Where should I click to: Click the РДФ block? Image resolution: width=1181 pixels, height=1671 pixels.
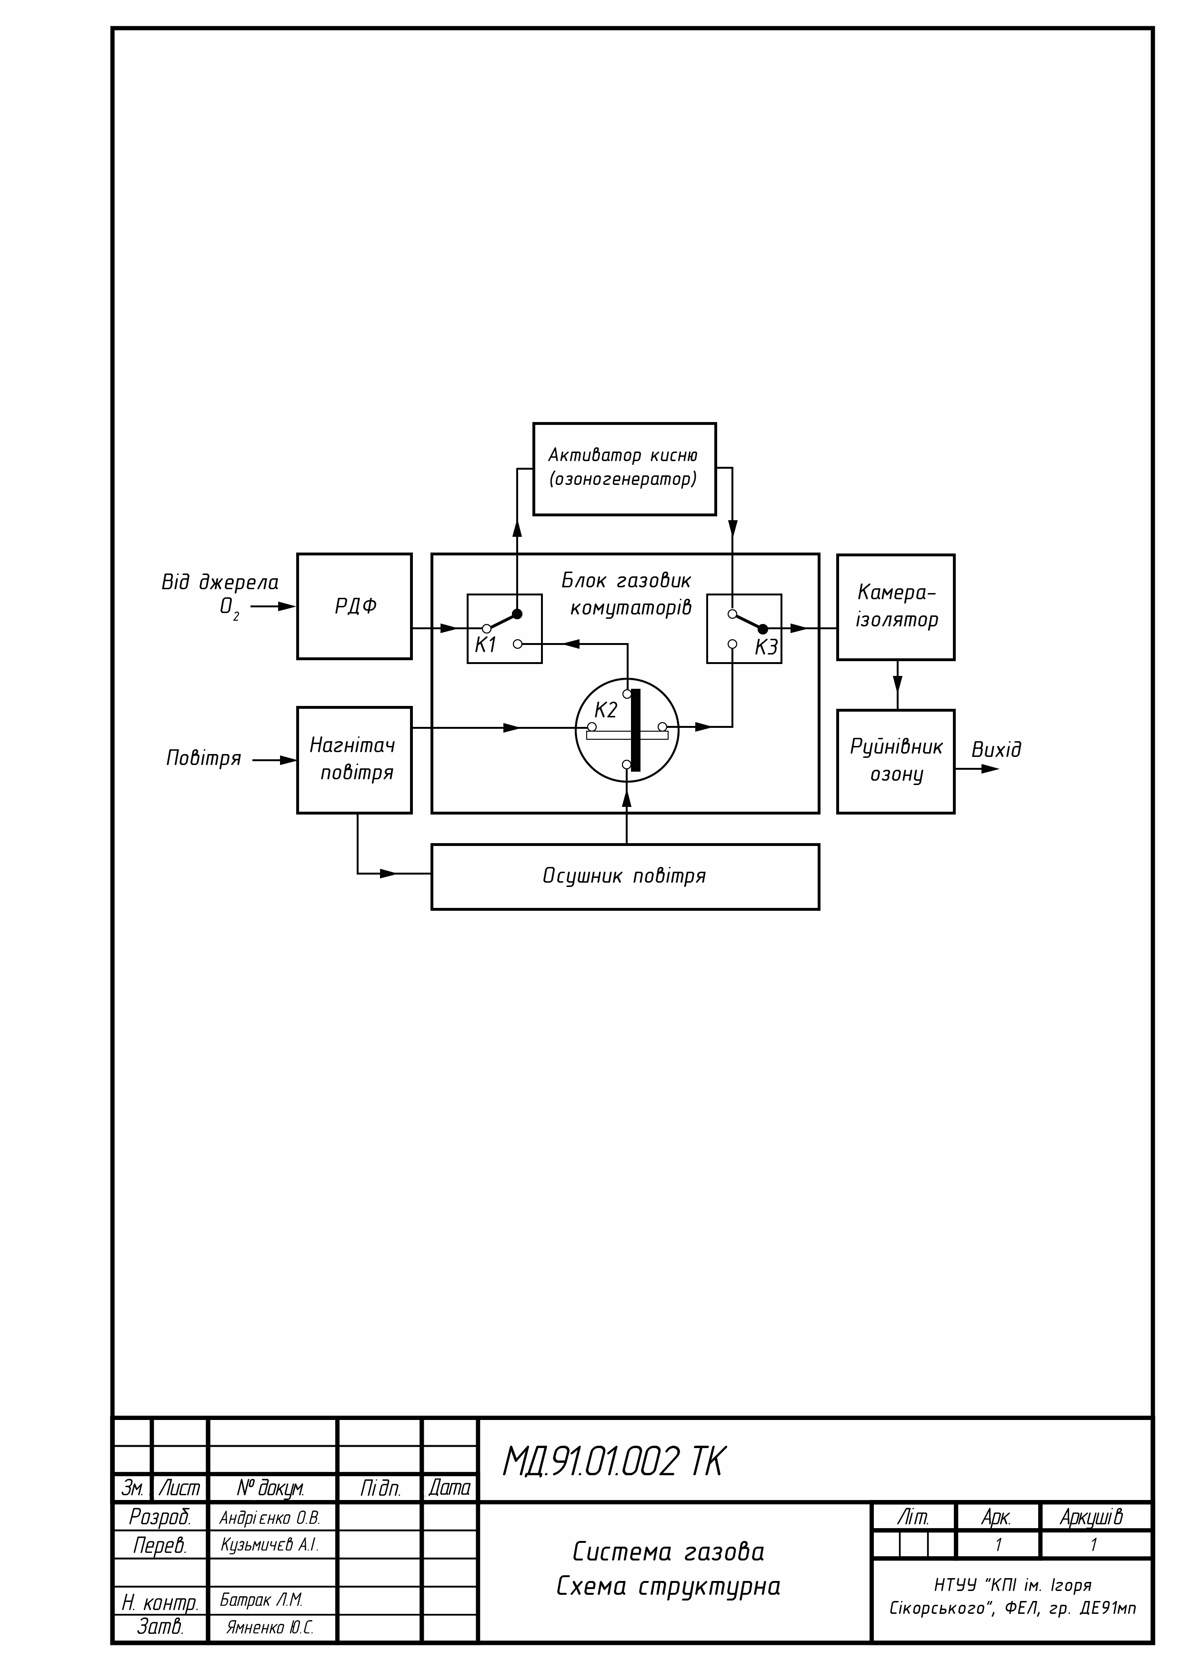click(354, 606)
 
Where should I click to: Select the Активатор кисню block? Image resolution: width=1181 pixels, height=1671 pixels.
click(624, 469)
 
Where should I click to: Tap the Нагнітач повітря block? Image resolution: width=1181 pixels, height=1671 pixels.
click(354, 759)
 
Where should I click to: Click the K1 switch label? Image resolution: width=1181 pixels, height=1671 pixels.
click(485, 645)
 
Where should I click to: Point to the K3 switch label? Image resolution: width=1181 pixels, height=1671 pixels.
click(765, 647)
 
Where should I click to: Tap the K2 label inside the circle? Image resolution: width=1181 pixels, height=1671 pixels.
click(605, 710)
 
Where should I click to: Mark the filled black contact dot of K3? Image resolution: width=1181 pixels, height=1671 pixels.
click(762, 629)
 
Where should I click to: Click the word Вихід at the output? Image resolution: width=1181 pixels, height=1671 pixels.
click(996, 750)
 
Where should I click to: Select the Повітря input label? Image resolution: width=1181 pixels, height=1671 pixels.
click(204, 758)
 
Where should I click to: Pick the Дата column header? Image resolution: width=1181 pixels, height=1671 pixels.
click(449, 1489)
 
